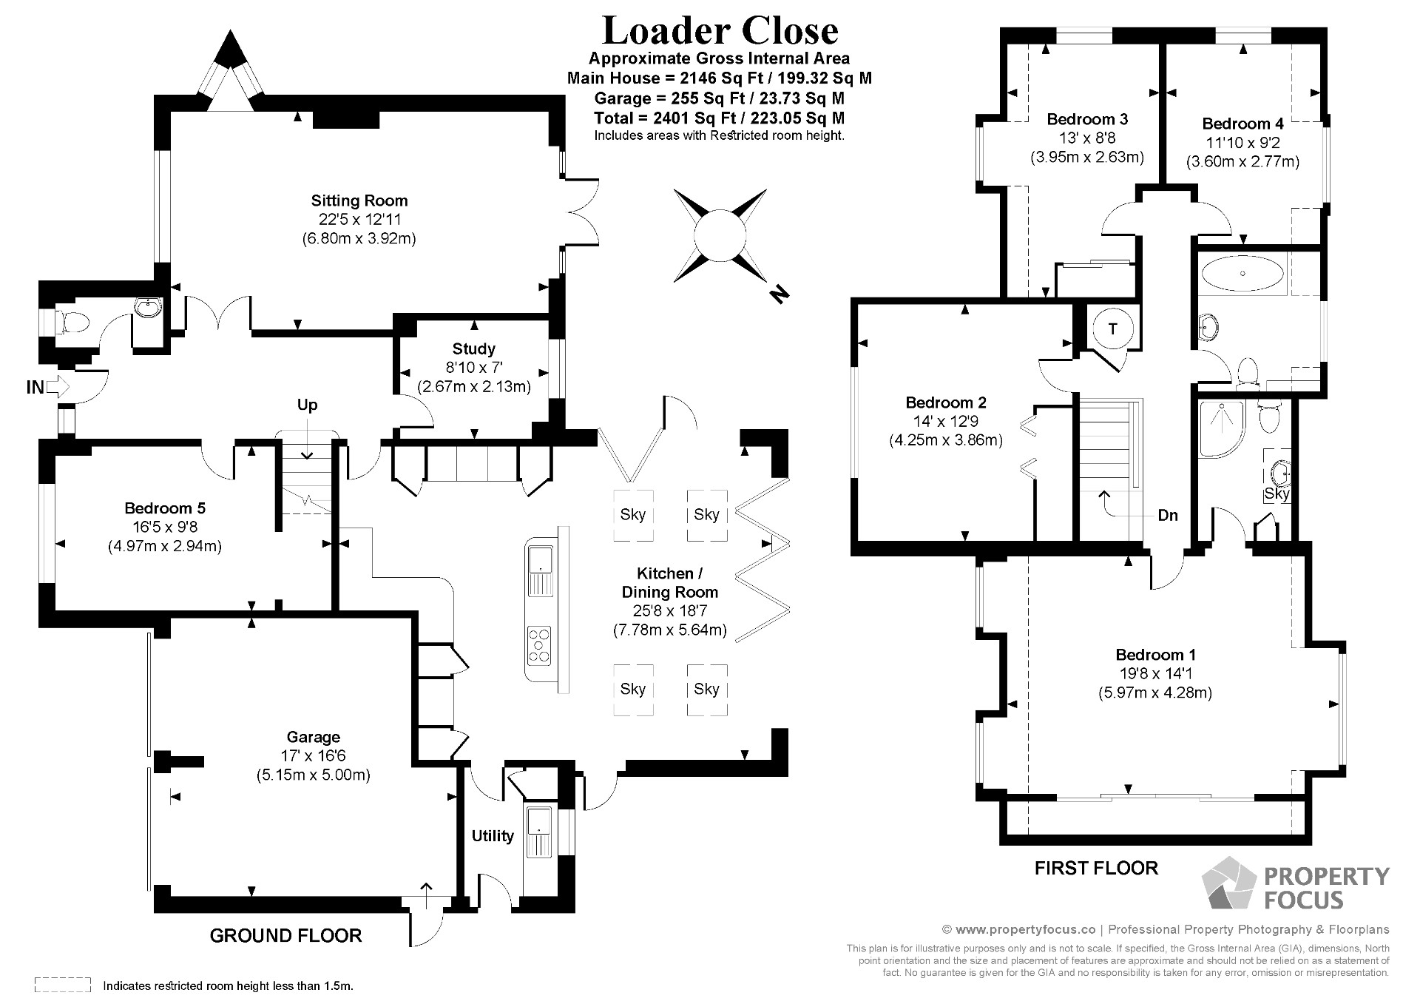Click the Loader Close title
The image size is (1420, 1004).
point(720,31)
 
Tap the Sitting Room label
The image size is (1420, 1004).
point(359,201)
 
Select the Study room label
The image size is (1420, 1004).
point(473,348)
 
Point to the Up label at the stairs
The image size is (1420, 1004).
point(307,405)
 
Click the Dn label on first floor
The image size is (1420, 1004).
point(1168,516)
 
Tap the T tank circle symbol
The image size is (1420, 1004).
point(1112,329)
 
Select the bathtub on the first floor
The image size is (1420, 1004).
point(1242,273)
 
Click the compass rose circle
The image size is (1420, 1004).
point(719,235)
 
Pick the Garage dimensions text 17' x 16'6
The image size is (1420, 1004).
point(313,756)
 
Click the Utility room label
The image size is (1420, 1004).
point(493,836)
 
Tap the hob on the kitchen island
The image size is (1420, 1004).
point(539,644)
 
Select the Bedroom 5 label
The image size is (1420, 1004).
point(165,508)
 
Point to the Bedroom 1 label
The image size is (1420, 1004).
point(1155,655)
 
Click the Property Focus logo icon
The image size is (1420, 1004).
point(1228,883)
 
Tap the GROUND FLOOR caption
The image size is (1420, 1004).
point(285,936)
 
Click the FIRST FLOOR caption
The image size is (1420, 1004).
point(1096,868)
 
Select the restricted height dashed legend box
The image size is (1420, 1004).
point(63,986)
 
